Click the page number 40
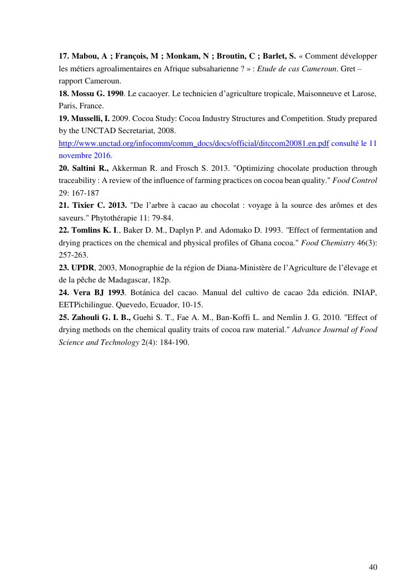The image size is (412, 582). pyautogui.click(x=373, y=567)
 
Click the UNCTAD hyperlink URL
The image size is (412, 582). pyautogui.click(x=194, y=143)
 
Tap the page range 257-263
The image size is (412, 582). pyautogui.click(x=74, y=255)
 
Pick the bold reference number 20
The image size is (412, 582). pyautogui.click(x=64, y=168)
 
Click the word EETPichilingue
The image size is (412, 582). pyautogui.click(x=85, y=305)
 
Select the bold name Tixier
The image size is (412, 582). pyautogui.click(x=86, y=206)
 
